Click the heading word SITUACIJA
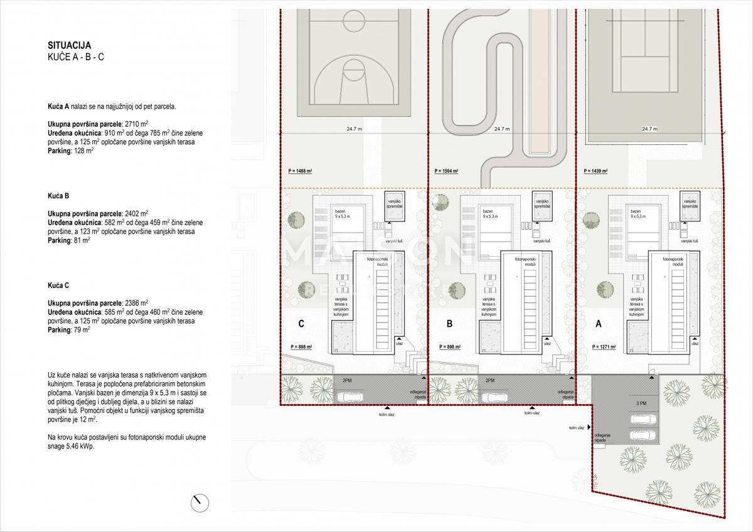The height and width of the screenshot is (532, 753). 70,45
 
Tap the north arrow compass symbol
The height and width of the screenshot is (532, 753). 200,502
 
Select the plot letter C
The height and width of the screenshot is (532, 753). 301,324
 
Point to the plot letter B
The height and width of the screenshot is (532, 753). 449,324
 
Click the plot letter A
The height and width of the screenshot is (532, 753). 598,324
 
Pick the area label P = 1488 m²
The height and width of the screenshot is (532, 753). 300,171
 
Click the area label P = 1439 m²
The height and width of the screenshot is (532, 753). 595,171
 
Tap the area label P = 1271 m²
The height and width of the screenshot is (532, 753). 604,347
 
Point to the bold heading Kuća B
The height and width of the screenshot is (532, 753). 58,196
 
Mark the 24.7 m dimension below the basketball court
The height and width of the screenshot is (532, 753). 353,129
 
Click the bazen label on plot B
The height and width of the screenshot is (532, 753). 490,212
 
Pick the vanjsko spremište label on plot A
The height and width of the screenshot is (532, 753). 690,203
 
